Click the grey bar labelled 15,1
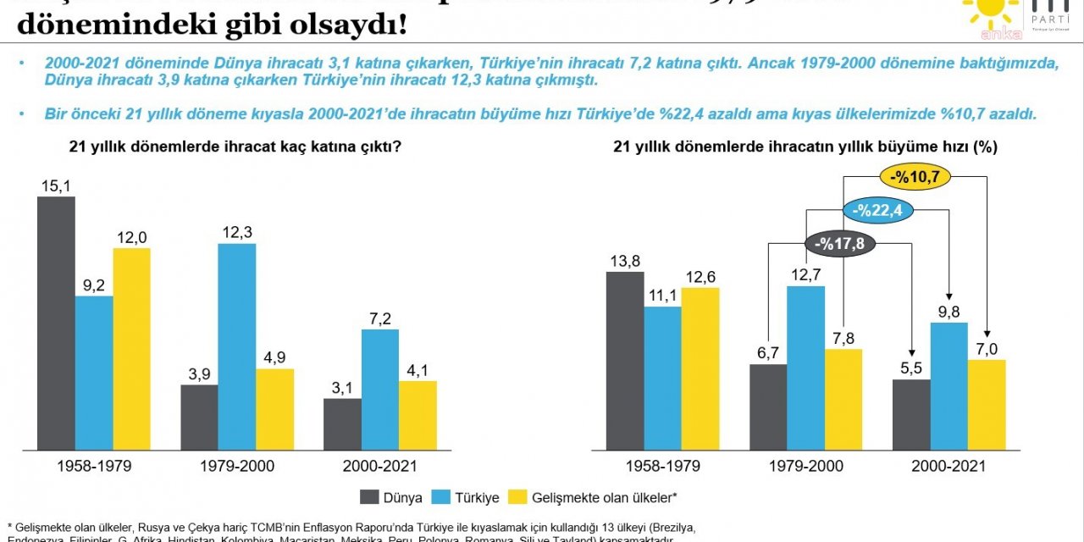pyautogui.click(x=56, y=323)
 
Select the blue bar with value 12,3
pyautogui.click(x=236, y=346)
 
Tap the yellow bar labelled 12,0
pyautogui.click(x=131, y=348)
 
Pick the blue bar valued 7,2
pyautogui.click(x=380, y=390)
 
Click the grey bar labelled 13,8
pyautogui.click(x=625, y=361)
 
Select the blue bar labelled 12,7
pyautogui.click(x=805, y=368)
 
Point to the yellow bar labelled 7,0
pyautogui.click(x=987, y=405)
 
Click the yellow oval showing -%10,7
pyautogui.click(x=915, y=177)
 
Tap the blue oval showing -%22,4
pyautogui.click(x=877, y=211)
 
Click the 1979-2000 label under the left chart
pyautogui.click(x=237, y=466)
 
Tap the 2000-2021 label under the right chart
pyautogui.click(x=949, y=466)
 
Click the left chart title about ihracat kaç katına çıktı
pyautogui.click(x=235, y=147)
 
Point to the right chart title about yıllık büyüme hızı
pyautogui.click(x=805, y=147)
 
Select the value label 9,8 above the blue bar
pyautogui.click(x=949, y=311)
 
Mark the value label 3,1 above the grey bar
pyautogui.click(x=342, y=387)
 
